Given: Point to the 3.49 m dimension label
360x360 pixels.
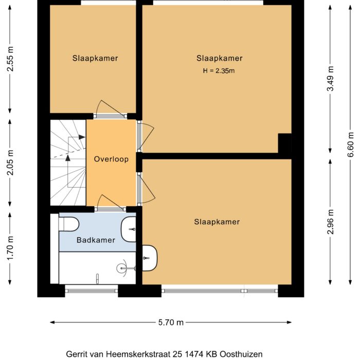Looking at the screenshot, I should tap(331, 79).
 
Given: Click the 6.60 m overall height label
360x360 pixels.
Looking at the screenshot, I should tap(351, 149).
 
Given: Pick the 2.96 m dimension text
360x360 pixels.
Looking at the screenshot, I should tap(331, 221).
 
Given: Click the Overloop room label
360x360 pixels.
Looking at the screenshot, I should tap(111, 159).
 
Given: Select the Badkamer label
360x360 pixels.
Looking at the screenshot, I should tap(96, 240).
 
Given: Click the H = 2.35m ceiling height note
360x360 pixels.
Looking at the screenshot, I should tap(219, 70).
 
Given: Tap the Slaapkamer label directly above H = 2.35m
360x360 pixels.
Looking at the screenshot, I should tap(219, 58).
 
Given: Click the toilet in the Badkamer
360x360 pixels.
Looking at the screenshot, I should tap(68, 225).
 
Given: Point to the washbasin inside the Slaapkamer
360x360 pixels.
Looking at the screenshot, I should tap(150, 256).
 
